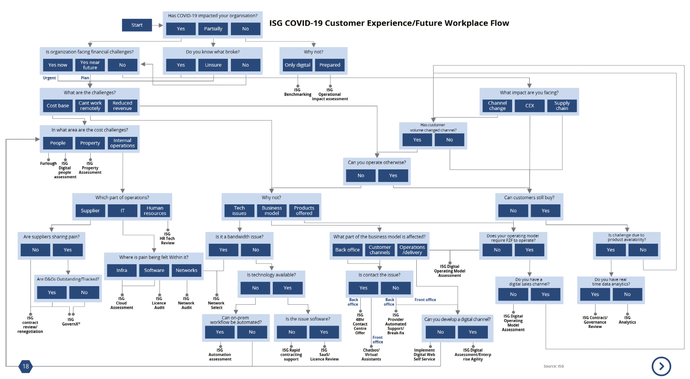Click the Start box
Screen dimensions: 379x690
(137, 25)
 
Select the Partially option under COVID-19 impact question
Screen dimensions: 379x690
(213, 29)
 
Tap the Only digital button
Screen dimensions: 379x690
(297, 65)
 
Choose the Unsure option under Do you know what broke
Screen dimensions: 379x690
(213, 65)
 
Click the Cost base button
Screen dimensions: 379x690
(58, 106)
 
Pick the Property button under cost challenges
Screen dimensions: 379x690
(90, 143)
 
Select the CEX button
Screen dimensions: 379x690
(530, 106)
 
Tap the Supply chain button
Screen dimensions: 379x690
(562, 106)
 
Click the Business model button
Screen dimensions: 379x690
(272, 210)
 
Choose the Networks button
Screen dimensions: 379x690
(186, 270)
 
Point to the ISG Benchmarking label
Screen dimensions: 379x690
(297, 92)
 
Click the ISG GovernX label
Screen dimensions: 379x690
(71, 322)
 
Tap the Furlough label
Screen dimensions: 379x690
(48, 163)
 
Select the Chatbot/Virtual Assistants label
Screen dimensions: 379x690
(371, 355)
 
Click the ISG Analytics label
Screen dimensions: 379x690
(627, 320)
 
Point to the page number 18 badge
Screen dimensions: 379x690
(26, 366)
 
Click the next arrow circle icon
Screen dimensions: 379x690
(661, 366)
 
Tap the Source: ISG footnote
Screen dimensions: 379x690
(553, 366)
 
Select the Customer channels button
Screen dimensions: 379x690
(380, 250)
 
